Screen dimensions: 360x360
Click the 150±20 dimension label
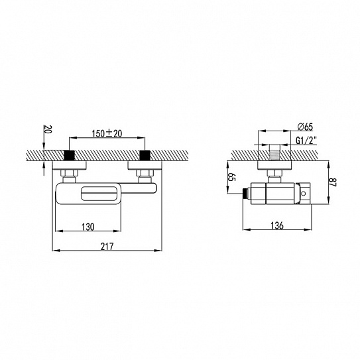click(107, 133)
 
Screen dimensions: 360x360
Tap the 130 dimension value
click(88, 227)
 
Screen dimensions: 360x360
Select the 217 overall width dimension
click(107, 247)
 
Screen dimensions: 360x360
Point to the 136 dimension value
click(277, 225)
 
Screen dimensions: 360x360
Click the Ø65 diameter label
click(305, 127)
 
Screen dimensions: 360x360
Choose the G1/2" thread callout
click(306, 141)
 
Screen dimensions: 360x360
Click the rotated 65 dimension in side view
click(232, 177)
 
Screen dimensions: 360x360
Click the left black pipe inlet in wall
click(69, 155)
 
